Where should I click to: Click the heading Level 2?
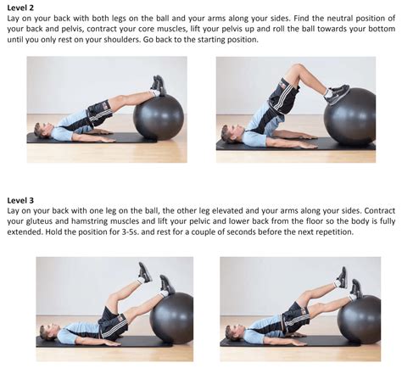(21, 8)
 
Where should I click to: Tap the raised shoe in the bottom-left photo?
(145, 271)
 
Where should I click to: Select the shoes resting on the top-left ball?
(157, 85)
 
